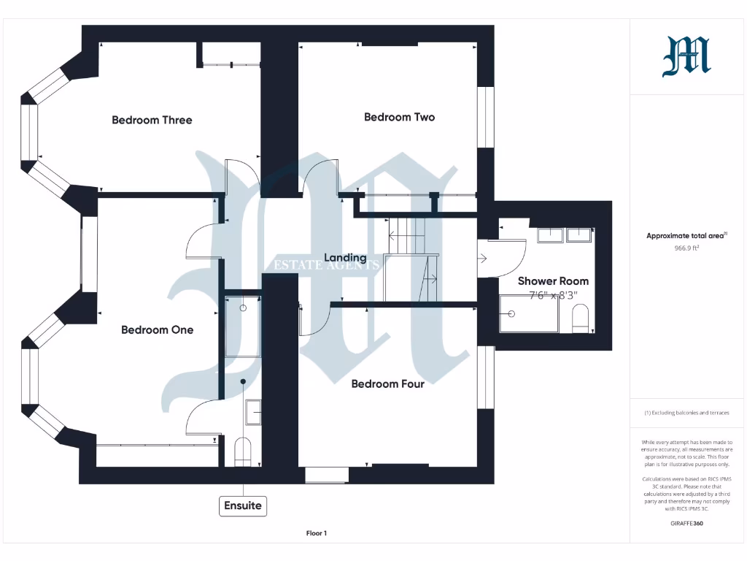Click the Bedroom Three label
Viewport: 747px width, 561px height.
pos(152,120)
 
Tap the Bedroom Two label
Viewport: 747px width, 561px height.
pos(399,117)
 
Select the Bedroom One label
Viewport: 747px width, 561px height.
pos(157,330)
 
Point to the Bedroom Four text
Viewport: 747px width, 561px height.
pos(387,383)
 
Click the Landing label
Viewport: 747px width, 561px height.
pos(345,258)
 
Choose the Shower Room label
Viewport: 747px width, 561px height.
pos(553,281)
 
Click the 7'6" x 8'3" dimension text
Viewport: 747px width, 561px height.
pos(553,295)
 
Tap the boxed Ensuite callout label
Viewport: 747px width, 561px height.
pos(242,505)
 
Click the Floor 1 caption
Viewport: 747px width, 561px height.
pos(316,533)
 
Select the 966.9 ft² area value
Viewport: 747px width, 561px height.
pos(686,248)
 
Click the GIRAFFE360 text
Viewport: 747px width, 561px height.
pos(686,523)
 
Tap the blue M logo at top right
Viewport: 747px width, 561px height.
pos(686,57)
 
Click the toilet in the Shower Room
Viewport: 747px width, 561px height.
pos(581,318)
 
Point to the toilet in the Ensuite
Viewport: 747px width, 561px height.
pos(243,451)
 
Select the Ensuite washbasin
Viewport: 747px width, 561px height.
pos(253,412)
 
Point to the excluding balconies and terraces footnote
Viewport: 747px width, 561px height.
pos(686,413)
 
